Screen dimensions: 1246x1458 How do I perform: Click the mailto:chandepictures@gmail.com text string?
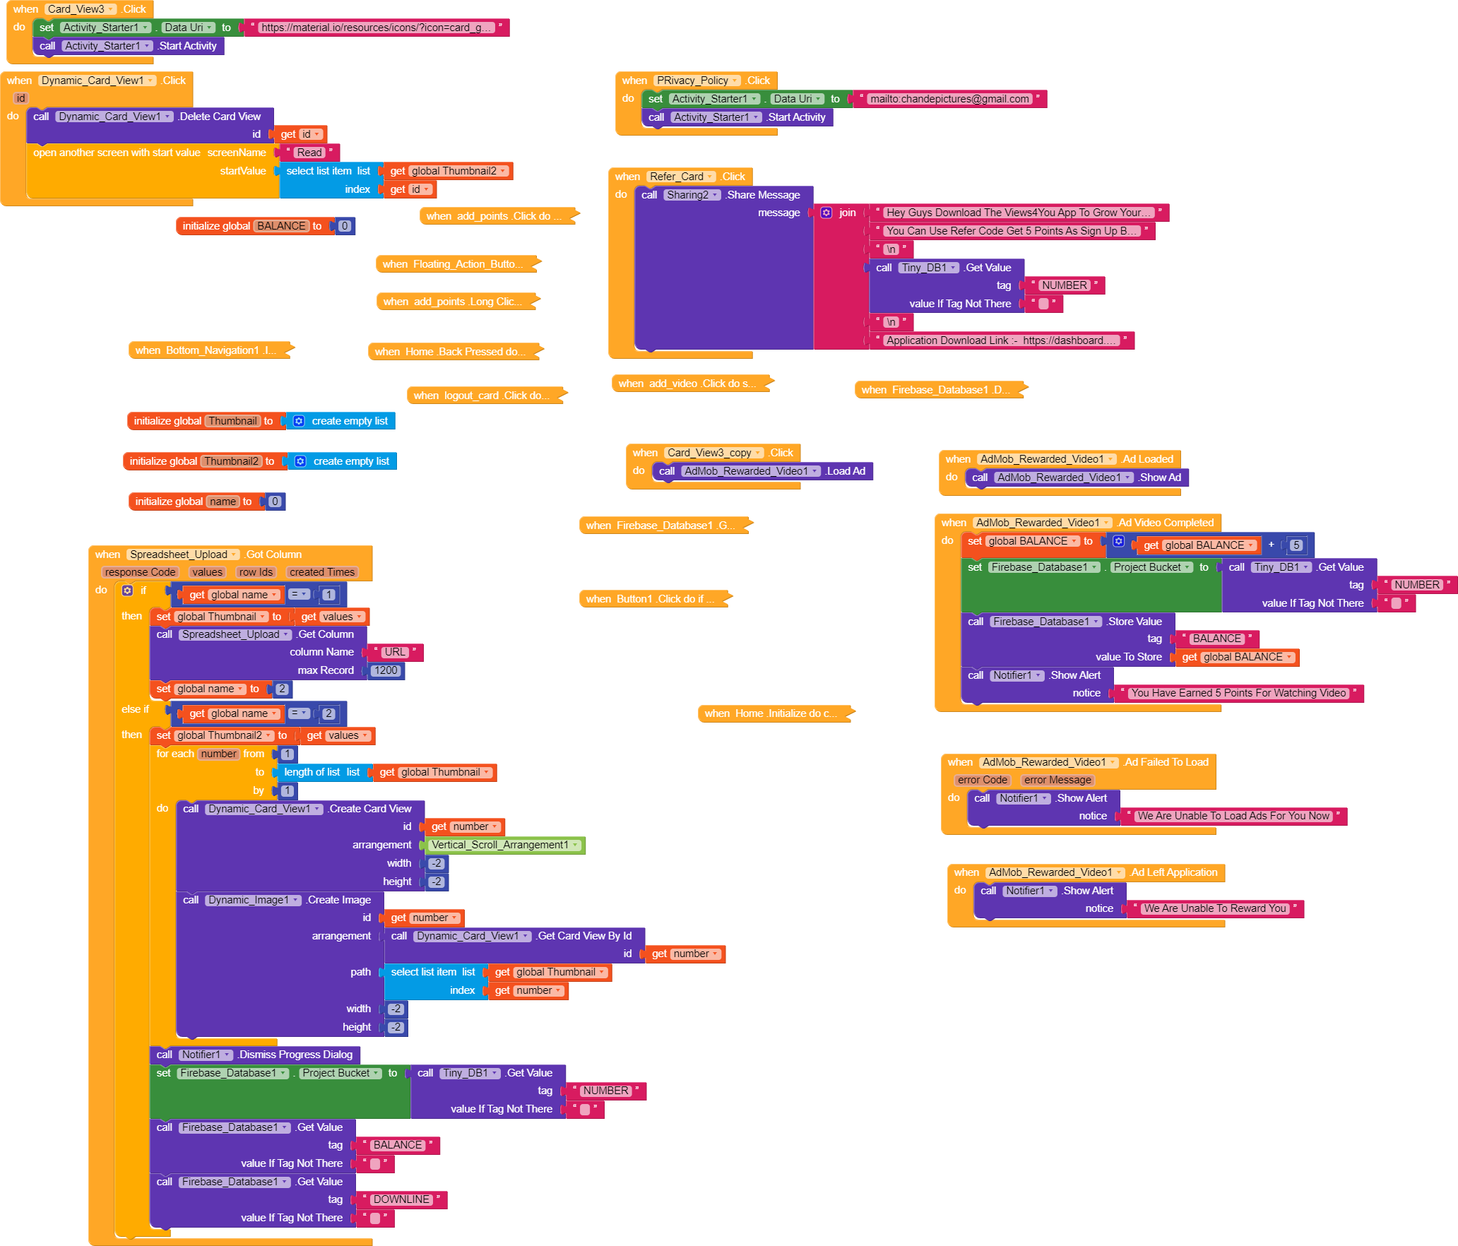click(x=949, y=99)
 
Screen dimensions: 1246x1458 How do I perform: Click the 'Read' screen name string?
click(x=309, y=153)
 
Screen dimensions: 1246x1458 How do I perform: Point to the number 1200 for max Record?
click(x=386, y=670)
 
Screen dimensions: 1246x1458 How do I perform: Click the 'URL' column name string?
click(x=395, y=652)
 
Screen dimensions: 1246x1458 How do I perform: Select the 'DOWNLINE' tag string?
click(x=401, y=1199)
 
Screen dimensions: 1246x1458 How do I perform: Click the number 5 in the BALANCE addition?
click(x=1296, y=545)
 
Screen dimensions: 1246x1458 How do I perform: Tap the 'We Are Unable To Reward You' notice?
click(x=1214, y=908)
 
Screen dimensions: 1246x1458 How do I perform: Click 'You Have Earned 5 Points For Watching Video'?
click(x=1238, y=693)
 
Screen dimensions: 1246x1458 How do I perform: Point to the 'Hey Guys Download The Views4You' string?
click(x=1018, y=213)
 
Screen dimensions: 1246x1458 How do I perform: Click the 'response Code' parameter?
click(x=140, y=572)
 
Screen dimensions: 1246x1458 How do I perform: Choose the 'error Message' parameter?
click(x=1057, y=780)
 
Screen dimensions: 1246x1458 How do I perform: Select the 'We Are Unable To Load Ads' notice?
click(x=1233, y=816)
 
